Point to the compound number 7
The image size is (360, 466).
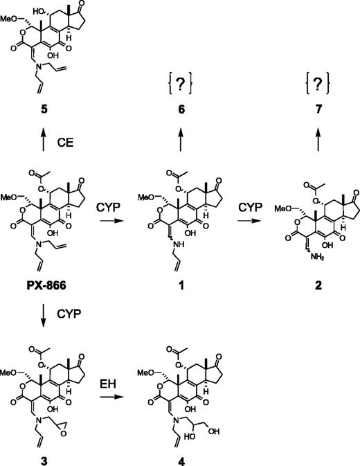tap(297, 109)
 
